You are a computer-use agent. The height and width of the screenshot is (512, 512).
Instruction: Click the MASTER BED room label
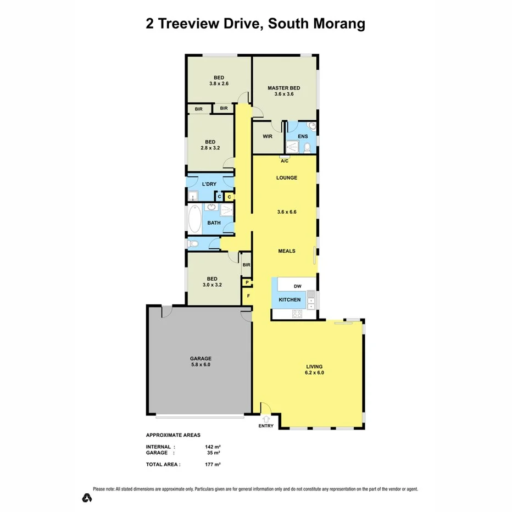[x=283, y=88]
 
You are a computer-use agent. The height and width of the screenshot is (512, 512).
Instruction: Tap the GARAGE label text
[x=201, y=358]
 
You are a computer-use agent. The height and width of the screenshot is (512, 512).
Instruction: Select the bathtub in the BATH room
[x=194, y=219]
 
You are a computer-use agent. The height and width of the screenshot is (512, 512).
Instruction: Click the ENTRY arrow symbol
[x=266, y=418]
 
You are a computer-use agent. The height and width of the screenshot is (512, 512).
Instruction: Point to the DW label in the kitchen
[x=297, y=286]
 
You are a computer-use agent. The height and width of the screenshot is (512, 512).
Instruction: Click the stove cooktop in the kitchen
[x=297, y=314]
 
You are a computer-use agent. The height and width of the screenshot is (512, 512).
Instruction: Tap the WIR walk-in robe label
[x=268, y=137]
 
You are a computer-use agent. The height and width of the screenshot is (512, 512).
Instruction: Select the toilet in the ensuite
[x=308, y=147]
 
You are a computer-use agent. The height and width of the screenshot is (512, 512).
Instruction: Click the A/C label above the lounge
[x=285, y=161]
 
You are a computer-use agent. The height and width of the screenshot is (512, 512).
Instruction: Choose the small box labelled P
[x=247, y=283]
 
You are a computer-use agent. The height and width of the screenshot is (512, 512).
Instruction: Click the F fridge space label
[x=248, y=296]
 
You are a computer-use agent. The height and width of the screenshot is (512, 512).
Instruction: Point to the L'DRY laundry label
[x=209, y=183]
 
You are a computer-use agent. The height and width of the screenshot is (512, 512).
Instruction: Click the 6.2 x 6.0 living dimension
[x=315, y=373]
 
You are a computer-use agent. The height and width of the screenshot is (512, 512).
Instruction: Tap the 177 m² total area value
[x=212, y=464]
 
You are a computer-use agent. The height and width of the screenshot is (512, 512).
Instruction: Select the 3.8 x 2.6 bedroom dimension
[x=218, y=84]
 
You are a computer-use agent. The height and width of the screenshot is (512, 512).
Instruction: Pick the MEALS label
[x=286, y=251]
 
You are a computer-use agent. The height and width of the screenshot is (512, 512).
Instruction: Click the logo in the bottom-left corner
[x=86, y=498]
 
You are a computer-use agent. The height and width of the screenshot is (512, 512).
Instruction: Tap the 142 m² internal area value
[x=212, y=447]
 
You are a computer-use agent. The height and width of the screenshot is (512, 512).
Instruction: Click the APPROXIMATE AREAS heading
[x=173, y=435]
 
